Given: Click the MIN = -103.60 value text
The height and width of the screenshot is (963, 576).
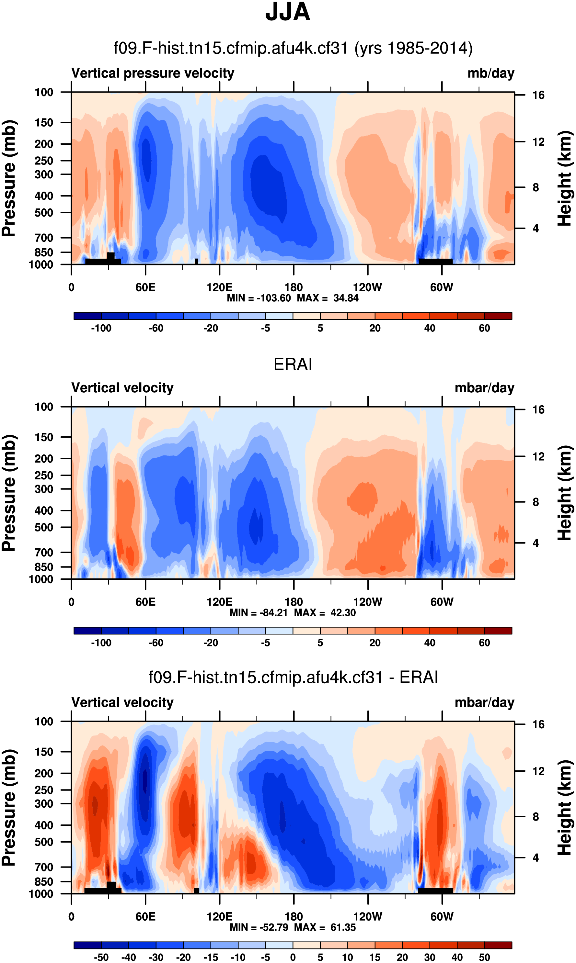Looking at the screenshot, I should coord(259,298).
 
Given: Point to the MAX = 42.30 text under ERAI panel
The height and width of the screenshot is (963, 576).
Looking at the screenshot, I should coord(325,613).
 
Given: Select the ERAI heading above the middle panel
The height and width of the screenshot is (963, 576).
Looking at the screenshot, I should coord(293,364).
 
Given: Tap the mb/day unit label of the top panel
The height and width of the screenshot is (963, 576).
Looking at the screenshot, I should coord(490,73).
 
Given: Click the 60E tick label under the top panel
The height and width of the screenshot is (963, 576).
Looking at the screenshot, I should coord(145,288).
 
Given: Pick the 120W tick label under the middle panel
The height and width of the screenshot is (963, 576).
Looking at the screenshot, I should coord(368,602).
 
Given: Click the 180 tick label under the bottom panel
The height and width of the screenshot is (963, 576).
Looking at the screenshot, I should coord(294,917).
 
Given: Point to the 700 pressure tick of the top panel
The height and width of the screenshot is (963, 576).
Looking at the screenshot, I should coord(44,238).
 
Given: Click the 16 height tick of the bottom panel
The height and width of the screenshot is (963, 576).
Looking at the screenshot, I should coord(538,724).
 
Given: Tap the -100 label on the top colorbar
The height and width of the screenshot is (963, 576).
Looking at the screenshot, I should coord(101,329).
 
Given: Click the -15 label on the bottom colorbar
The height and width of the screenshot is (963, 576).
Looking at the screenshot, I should coord(211,957).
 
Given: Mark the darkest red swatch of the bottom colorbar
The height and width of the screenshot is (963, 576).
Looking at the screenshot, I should coord(498,945).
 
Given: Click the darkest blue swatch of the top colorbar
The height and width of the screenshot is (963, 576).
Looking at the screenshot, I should coord(87,316).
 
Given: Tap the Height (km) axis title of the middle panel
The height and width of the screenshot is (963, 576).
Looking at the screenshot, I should coord(565,493).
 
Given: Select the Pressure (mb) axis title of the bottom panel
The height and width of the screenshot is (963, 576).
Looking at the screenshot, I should coord(8,808).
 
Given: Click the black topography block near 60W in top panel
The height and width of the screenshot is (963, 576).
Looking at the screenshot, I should coord(435,262).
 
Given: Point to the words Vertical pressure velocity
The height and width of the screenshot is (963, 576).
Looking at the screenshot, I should coord(153,73).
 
